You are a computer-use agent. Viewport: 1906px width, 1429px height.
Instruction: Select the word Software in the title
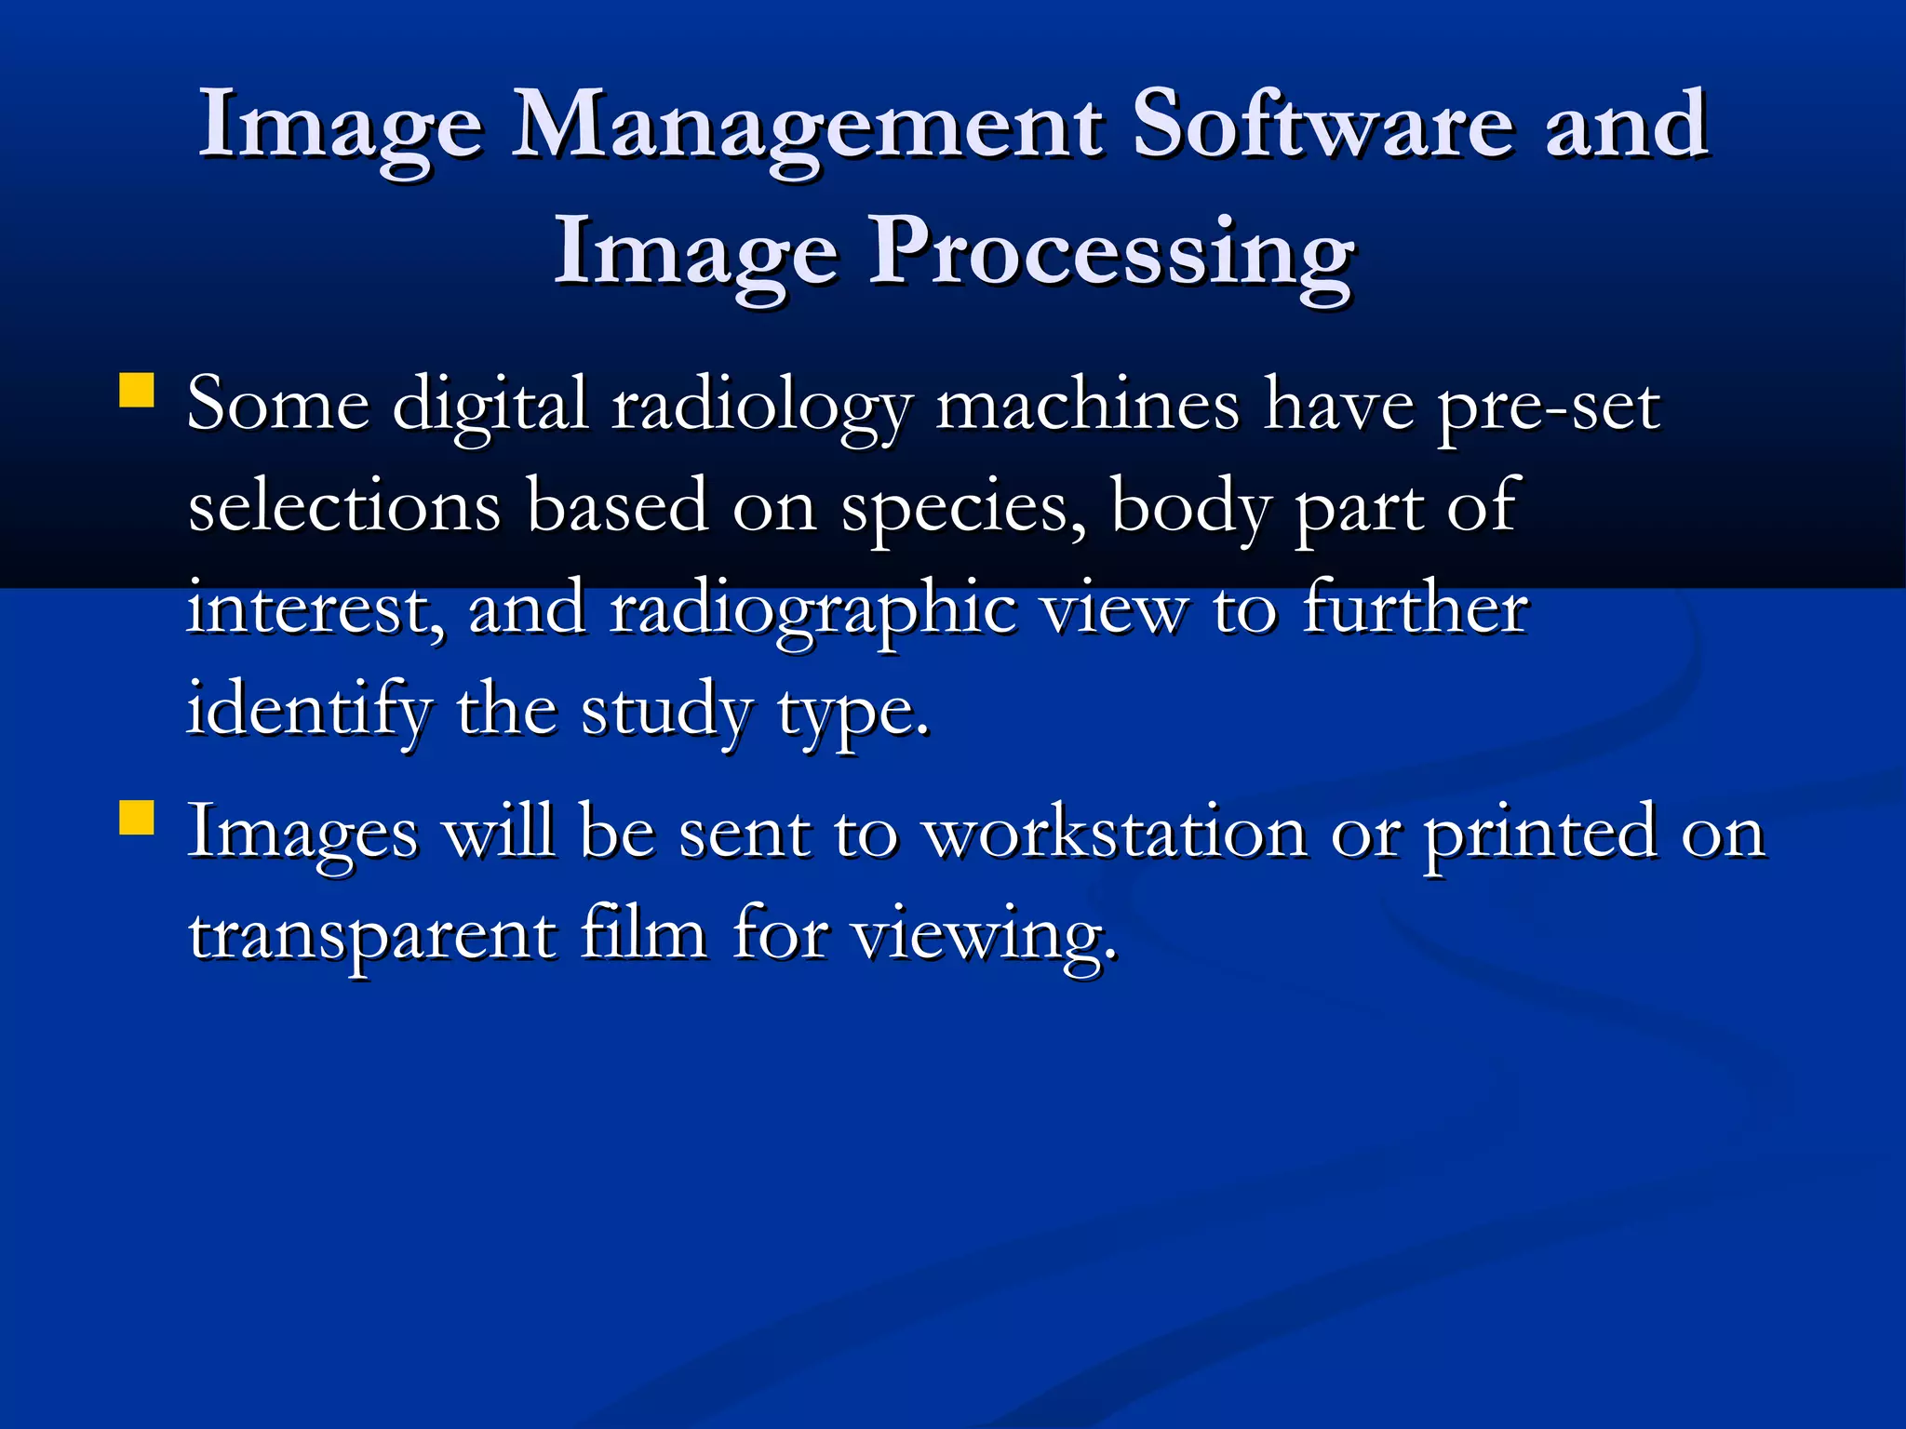tap(1322, 126)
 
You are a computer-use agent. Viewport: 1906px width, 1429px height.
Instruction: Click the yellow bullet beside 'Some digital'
tap(137, 391)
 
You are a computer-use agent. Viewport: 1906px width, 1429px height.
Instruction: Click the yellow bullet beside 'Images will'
tap(137, 819)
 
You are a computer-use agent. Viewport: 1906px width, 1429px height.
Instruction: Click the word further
tap(1415, 608)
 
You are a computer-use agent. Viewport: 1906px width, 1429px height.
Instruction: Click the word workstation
tap(1115, 832)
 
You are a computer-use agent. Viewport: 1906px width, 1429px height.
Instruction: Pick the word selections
tap(344, 506)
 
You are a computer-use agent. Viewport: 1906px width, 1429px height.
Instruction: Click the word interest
tap(315, 610)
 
